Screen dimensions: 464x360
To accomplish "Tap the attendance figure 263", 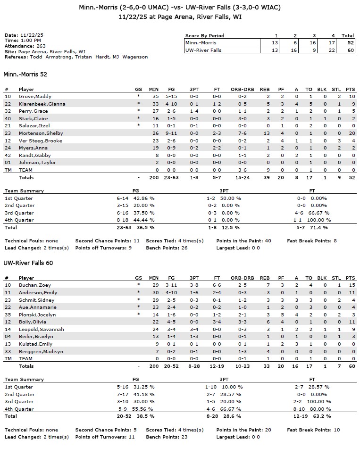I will pyautogui.click(x=40, y=46).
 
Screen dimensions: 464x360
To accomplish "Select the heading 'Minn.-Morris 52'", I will pyautogui.click(x=25, y=75).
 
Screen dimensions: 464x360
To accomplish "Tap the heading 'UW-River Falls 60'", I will pyautogui.click(x=28, y=263).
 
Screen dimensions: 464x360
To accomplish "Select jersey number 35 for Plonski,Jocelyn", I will pyautogui.click(x=7, y=315).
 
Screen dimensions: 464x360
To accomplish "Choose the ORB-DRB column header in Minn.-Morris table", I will pyautogui.click(x=243, y=89).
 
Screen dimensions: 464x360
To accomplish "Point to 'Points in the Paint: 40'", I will pyautogui.click(x=243, y=240).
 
